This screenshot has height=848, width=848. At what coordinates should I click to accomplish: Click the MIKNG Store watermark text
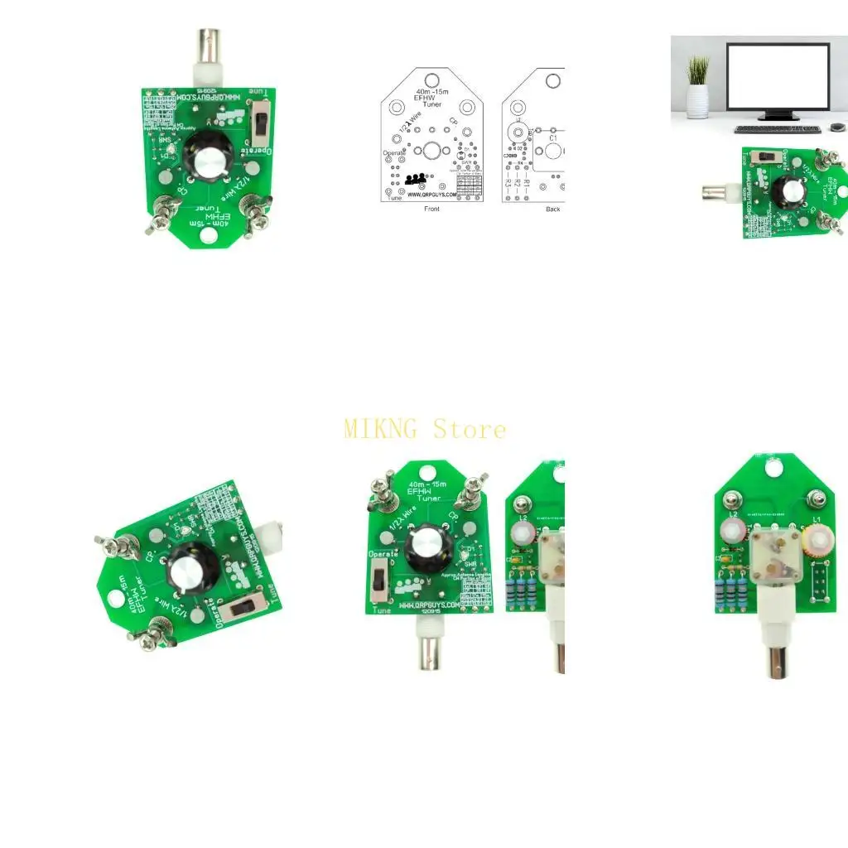424,429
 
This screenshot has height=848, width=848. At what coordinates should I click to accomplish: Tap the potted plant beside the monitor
697,87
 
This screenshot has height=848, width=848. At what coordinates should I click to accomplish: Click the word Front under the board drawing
431,209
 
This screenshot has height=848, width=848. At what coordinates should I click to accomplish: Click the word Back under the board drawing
552,209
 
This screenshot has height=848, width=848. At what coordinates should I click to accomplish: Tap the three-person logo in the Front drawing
416,178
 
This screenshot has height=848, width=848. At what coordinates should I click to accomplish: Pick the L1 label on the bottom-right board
817,518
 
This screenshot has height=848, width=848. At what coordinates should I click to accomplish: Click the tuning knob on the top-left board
203,157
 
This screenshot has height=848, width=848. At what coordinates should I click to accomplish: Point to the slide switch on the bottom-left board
244,607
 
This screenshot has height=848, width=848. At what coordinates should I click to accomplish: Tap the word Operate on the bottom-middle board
383,553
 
